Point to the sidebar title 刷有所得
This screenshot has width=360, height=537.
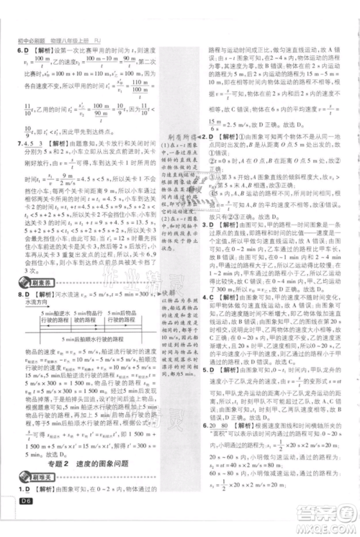pyautogui.click(x=179, y=142)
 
